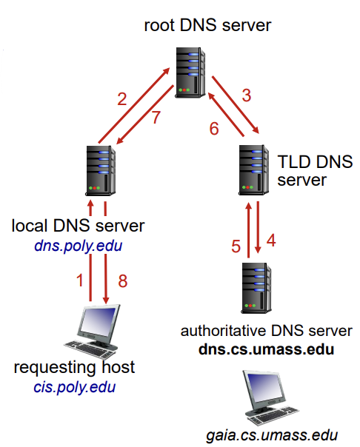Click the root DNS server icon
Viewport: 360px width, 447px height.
(190, 73)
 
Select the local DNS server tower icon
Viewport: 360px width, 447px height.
(101, 171)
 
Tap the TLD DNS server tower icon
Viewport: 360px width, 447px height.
(253, 170)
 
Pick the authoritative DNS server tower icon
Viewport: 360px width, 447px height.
(256, 288)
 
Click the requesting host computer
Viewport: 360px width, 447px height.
(93, 331)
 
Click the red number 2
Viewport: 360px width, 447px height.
(122, 99)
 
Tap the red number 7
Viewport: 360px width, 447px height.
(156, 117)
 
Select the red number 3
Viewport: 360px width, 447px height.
(247, 95)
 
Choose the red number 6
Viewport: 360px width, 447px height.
(214, 129)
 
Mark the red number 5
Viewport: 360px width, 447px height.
(236, 246)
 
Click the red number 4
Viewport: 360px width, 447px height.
(271, 240)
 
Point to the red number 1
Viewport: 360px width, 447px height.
(80, 280)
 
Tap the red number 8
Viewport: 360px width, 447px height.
(123, 280)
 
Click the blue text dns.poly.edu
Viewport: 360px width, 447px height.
(79, 246)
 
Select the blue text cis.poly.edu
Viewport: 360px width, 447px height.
(75, 387)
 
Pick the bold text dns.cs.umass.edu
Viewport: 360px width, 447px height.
(266, 349)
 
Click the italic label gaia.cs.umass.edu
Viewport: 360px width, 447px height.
(272, 436)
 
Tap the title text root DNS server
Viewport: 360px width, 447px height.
(207, 25)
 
